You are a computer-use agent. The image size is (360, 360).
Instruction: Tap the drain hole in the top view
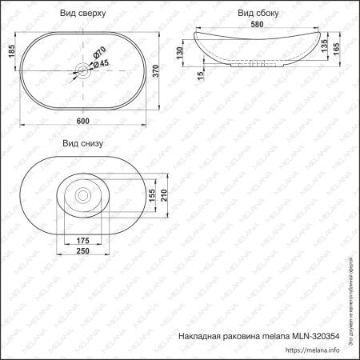click(x=82, y=73)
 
